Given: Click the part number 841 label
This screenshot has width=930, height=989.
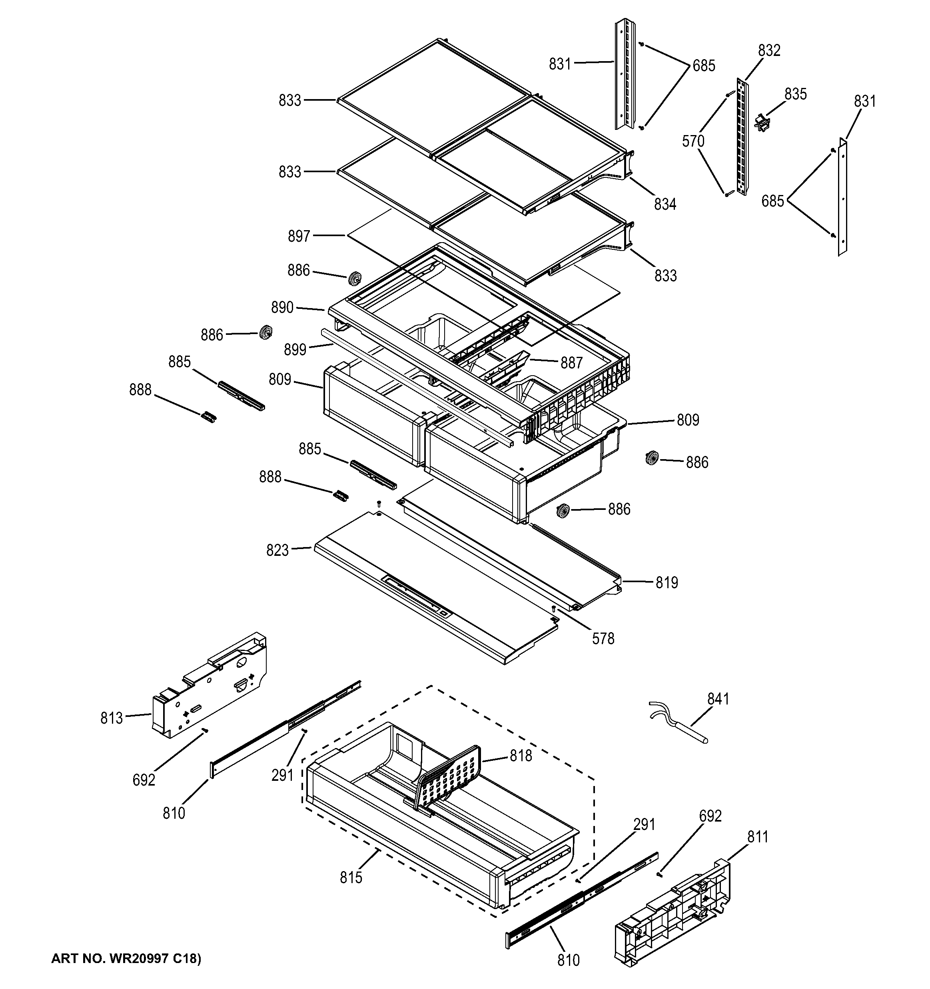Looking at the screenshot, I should pos(718,699).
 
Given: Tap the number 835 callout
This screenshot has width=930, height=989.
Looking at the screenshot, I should pos(795,94).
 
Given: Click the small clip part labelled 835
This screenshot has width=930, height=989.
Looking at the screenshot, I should pos(761,122).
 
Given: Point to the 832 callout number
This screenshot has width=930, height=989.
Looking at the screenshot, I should pos(769,50).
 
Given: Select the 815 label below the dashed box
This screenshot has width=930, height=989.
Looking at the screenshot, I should pos(351,878).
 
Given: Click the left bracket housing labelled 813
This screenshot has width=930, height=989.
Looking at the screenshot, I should pos(209,687).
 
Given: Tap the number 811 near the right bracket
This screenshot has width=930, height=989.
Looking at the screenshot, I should pos(757,837).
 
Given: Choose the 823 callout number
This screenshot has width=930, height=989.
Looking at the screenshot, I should pos(277,550).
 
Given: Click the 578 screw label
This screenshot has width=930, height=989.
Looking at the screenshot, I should pos(603,638).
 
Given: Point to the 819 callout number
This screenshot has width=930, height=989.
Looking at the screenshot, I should pos(667,582).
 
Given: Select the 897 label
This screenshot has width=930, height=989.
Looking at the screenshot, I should pos(299,236).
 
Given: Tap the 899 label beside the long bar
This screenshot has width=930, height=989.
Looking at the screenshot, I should pos(295,349).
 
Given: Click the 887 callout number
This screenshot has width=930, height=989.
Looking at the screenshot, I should pos(571,363).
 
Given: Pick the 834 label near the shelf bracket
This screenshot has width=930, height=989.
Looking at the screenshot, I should pos(665,203).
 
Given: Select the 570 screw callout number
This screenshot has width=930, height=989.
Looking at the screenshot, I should pos(693,141).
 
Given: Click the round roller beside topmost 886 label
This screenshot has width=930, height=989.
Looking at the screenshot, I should pos(355,279).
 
